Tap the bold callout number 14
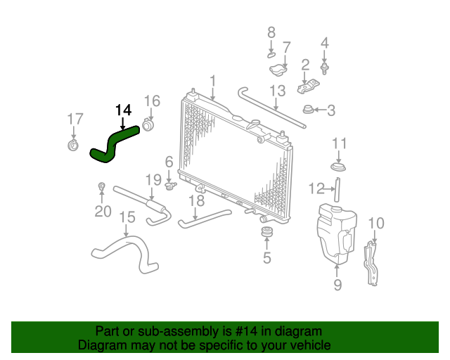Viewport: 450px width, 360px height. [x=124, y=110]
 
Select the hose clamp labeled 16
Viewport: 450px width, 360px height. [x=148, y=125]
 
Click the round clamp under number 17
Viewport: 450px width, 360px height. [x=73, y=145]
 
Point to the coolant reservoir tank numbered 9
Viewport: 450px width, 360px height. [x=337, y=233]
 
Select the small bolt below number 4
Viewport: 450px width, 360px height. [x=324, y=68]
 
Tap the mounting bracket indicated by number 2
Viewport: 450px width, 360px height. [x=308, y=86]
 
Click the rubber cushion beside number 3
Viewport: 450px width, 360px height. [x=308, y=110]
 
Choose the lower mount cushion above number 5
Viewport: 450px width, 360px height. [x=267, y=231]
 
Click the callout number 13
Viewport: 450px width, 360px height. [x=278, y=91]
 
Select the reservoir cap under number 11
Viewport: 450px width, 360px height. [x=338, y=167]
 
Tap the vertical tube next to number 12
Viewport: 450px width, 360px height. [x=337, y=190]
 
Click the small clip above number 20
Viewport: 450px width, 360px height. [x=101, y=186]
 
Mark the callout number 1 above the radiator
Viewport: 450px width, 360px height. [x=212, y=81]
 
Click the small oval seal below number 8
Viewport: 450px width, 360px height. [x=271, y=55]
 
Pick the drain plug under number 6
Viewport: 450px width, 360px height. [x=170, y=186]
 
